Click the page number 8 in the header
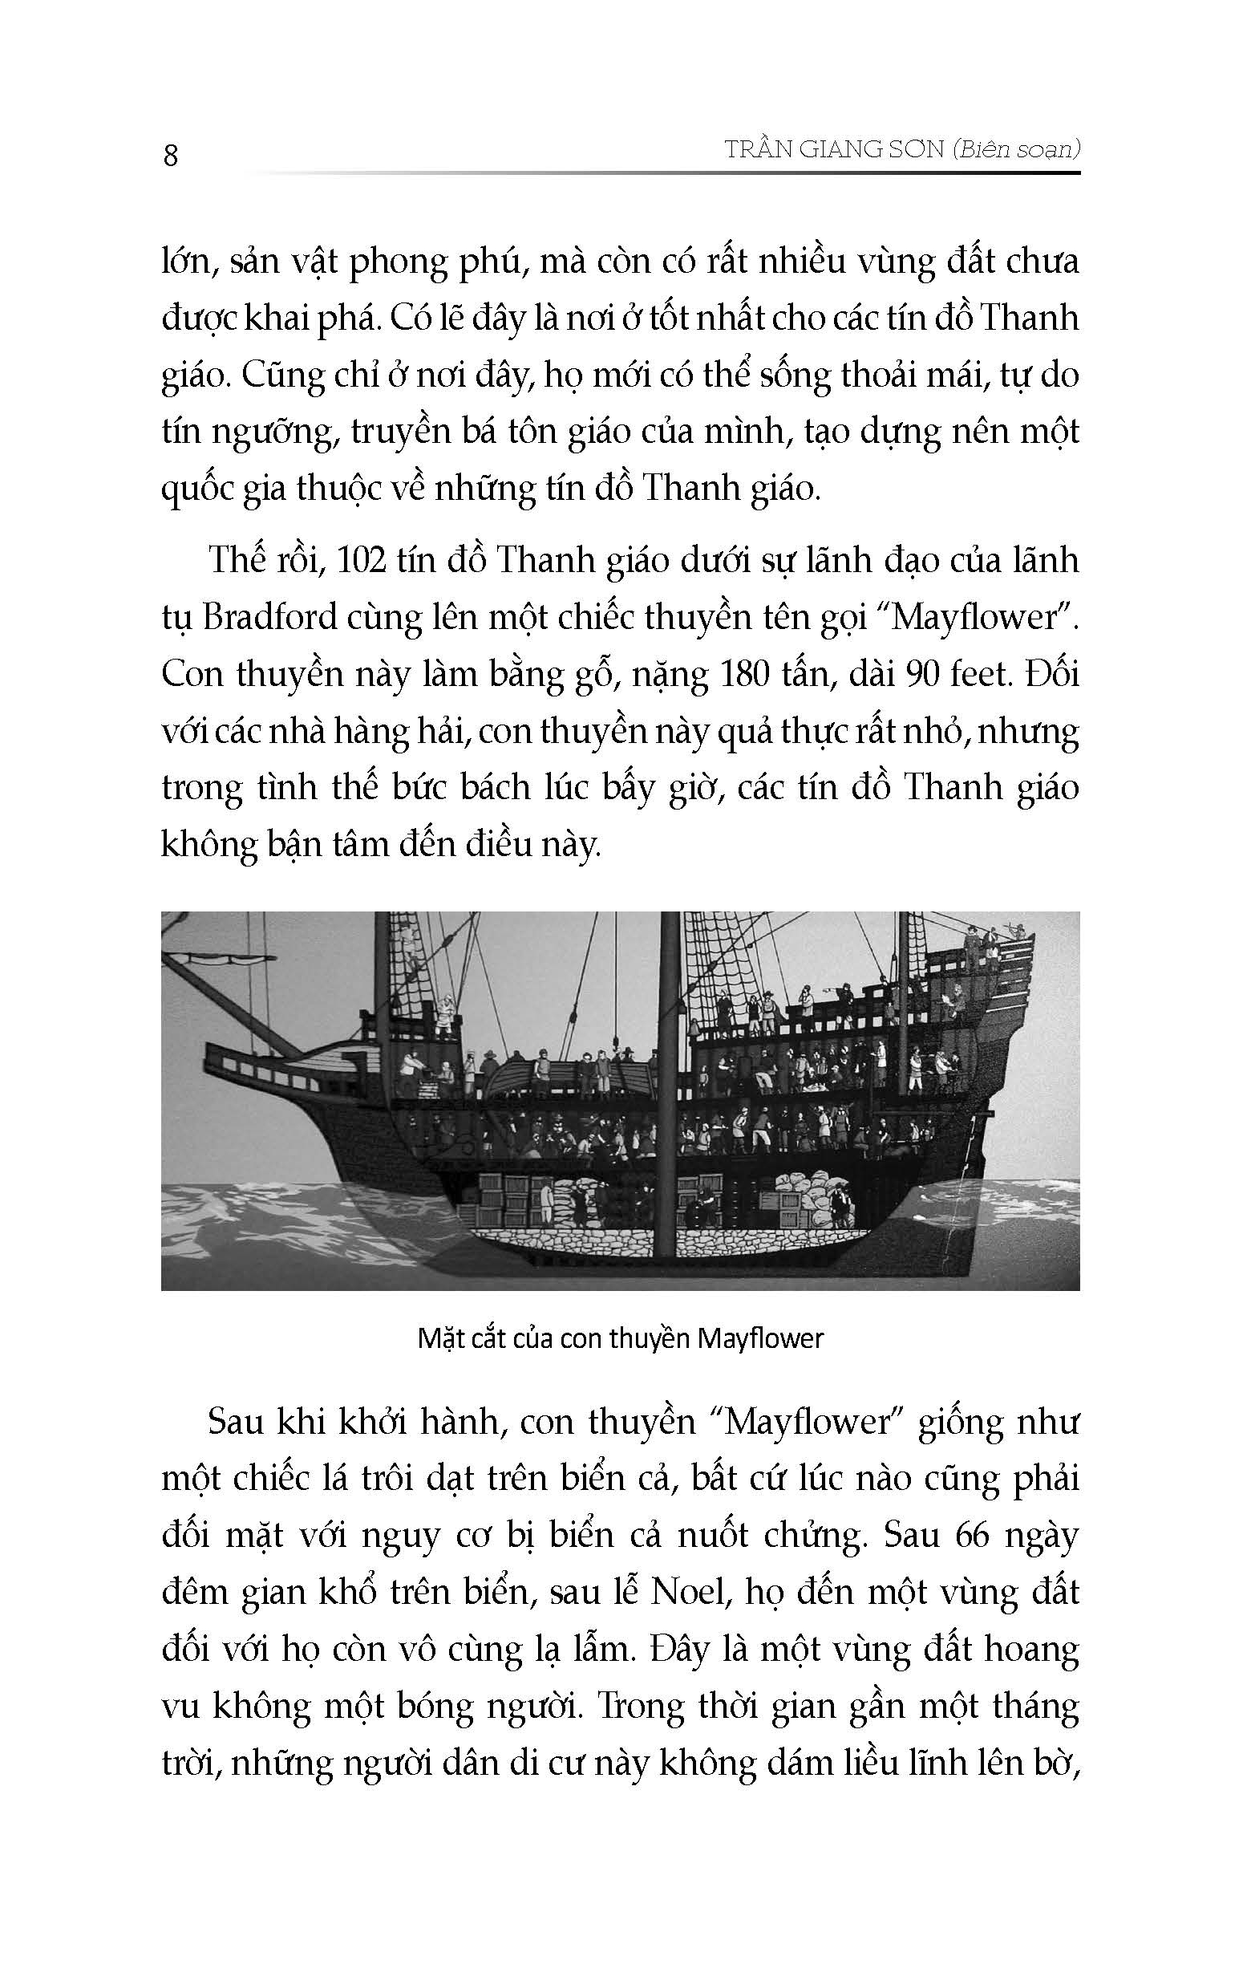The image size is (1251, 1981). click(x=171, y=156)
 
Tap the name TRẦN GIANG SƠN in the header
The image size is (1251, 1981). click(x=832, y=150)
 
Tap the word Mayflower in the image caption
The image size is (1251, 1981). click(x=760, y=1338)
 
